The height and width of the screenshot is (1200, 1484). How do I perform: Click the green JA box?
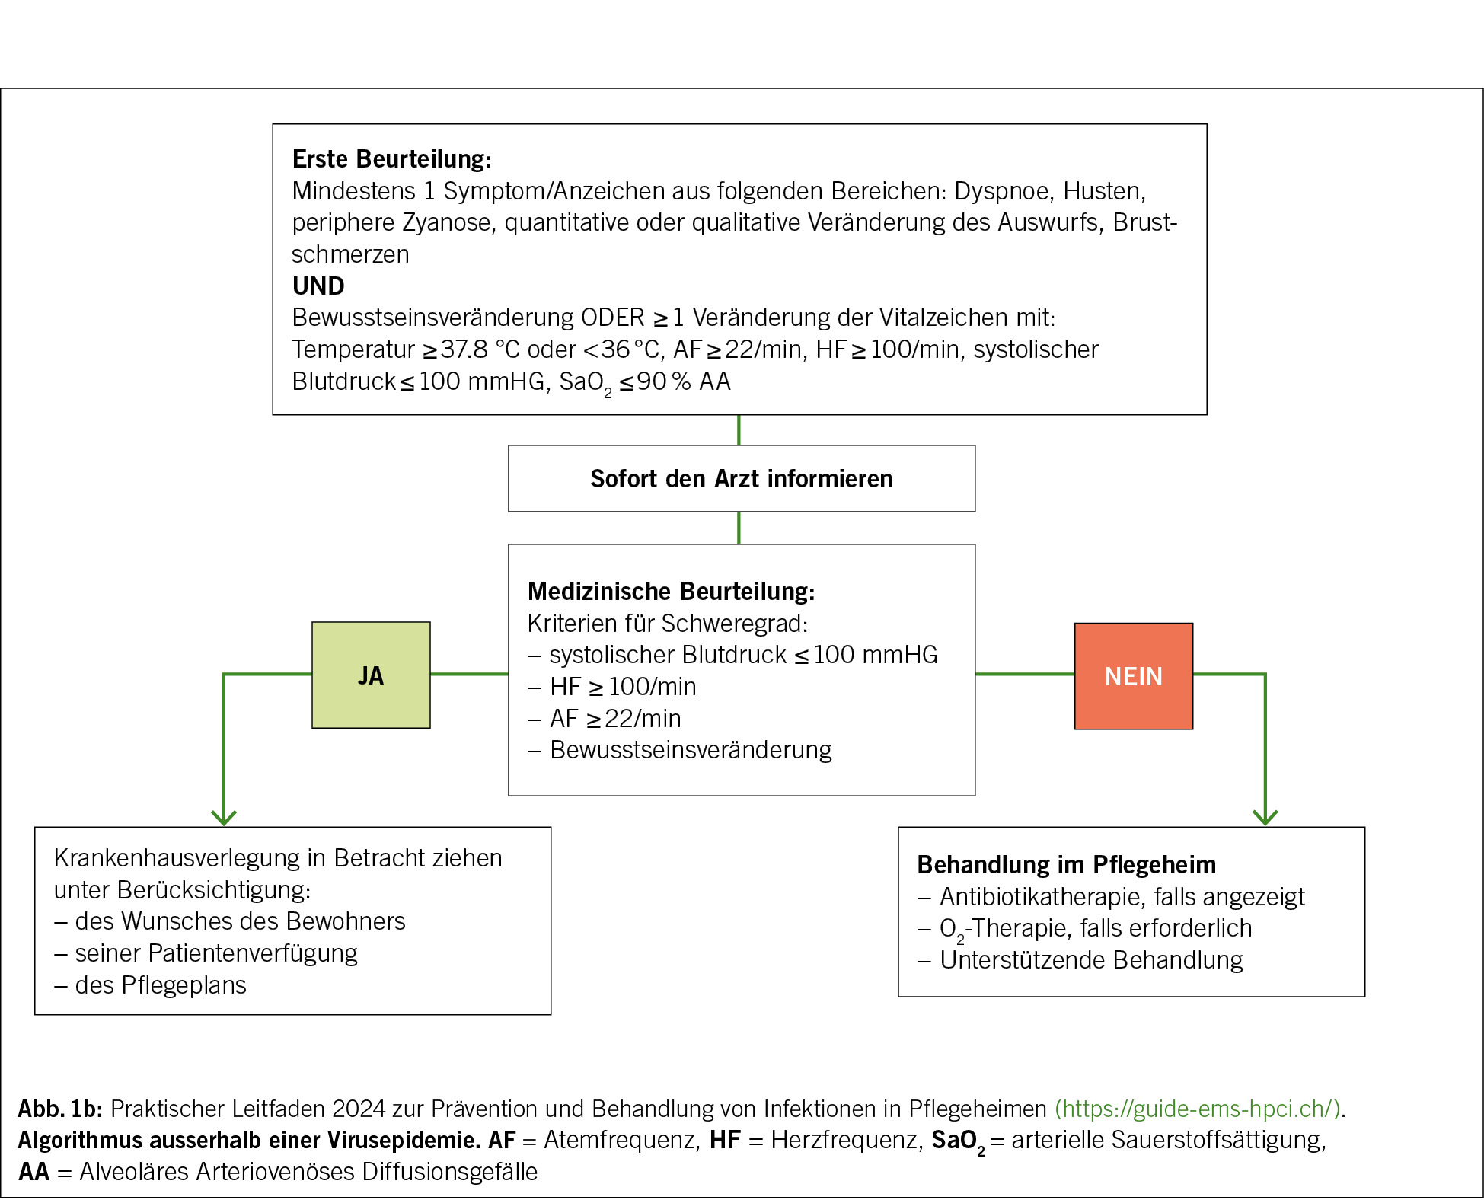pyautogui.click(x=371, y=675)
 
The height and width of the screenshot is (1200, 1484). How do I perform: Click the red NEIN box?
pyautogui.click(x=1133, y=676)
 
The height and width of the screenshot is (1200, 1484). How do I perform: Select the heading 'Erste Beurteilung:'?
pyautogui.click(x=391, y=159)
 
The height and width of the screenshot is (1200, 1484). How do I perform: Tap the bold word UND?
pyautogui.click(x=318, y=286)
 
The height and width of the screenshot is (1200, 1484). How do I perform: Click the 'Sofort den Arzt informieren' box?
pyautogui.click(x=741, y=479)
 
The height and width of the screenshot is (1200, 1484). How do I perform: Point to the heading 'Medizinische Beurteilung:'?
pyautogui.click(x=671, y=592)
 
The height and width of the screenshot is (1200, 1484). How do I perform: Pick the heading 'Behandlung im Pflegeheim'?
pyautogui.click(x=1066, y=865)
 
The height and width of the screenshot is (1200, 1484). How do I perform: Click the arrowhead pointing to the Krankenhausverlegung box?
pyautogui.click(x=224, y=818)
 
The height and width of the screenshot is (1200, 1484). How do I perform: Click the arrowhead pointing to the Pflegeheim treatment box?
pyautogui.click(x=1265, y=818)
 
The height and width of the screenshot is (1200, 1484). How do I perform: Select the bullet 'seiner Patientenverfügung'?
pyautogui.click(x=215, y=953)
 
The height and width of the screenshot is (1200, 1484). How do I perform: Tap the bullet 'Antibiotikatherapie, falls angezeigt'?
pyautogui.click(x=1122, y=897)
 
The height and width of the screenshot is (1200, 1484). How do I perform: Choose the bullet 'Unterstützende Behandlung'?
pyautogui.click(x=1090, y=960)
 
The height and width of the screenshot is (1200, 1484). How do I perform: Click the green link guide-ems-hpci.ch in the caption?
pyautogui.click(x=1197, y=1109)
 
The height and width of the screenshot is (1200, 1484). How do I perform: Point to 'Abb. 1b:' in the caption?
pyautogui.click(x=60, y=1109)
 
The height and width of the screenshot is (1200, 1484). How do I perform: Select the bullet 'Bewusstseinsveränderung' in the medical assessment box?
pyautogui.click(x=690, y=750)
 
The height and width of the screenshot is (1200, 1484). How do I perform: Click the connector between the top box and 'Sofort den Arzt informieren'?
pyautogui.click(x=739, y=430)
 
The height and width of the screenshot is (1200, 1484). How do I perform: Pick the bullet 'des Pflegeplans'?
pyautogui.click(x=160, y=985)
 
